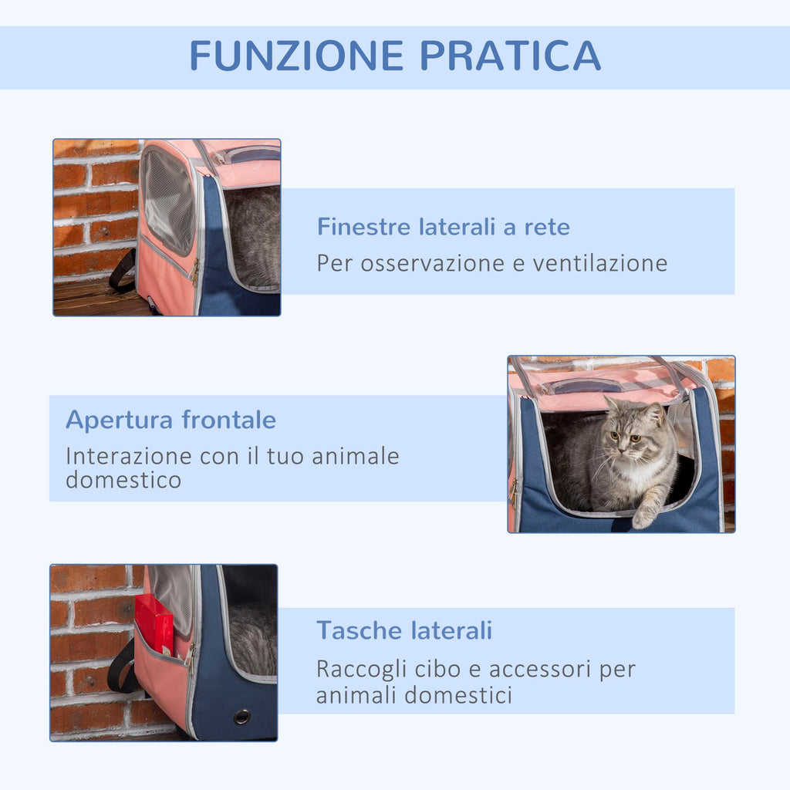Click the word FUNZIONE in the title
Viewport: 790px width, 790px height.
(x=297, y=56)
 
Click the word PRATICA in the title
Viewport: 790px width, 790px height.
(x=511, y=56)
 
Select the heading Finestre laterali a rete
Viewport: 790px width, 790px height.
(x=444, y=227)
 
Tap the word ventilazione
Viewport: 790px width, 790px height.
(x=600, y=263)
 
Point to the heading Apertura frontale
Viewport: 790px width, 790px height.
(x=170, y=420)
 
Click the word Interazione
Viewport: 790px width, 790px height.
(x=129, y=457)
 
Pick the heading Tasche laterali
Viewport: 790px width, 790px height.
(x=404, y=630)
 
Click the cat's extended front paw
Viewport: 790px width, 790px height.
(x=644, y=515)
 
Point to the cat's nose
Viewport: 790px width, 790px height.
(x=623, y=447)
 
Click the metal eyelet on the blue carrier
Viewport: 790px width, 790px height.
(x=241, y=717)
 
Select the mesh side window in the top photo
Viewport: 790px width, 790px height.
(x=167, y=201)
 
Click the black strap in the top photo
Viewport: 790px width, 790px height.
(x=123, y=272)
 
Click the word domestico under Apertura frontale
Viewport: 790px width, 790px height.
(x=123, y=480)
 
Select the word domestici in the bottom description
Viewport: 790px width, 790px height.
(x=458, y=696)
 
